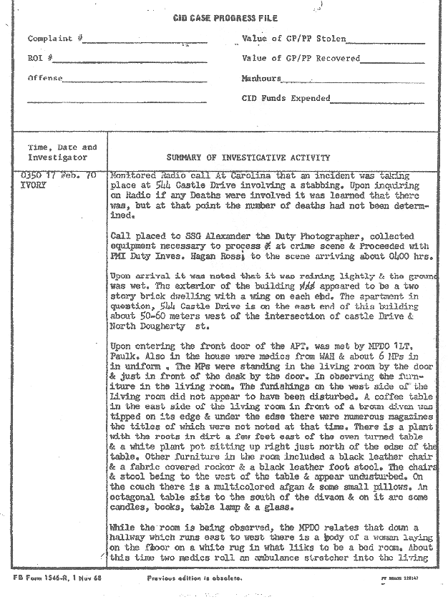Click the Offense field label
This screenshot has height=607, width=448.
click(x=45, y=79)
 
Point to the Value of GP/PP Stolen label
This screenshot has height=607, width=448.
click(x=294, y=39)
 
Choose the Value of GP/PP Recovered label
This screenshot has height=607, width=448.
click(x=301, y=59)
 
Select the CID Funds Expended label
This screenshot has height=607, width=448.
click(x=286, y=99)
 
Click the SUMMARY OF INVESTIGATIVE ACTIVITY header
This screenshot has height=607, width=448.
click(x=248, y=157)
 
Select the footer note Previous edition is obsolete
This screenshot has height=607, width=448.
click(x=194, y=578)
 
